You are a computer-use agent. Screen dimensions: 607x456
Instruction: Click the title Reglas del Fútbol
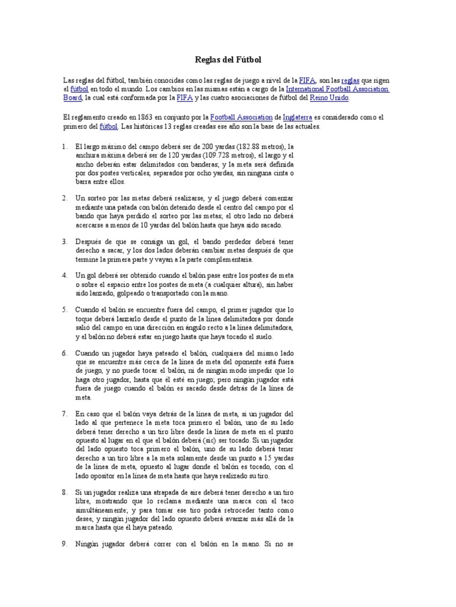(x=228, y=60)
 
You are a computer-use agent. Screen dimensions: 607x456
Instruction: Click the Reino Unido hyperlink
(x=330, y=98)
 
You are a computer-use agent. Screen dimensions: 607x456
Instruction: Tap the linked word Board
(x=72, y=98)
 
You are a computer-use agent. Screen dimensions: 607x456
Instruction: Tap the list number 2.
(x=65, y=197)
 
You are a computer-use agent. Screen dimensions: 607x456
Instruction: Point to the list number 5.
(x=65, y=309)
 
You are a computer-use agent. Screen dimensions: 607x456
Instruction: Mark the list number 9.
(x=65, y=544)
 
